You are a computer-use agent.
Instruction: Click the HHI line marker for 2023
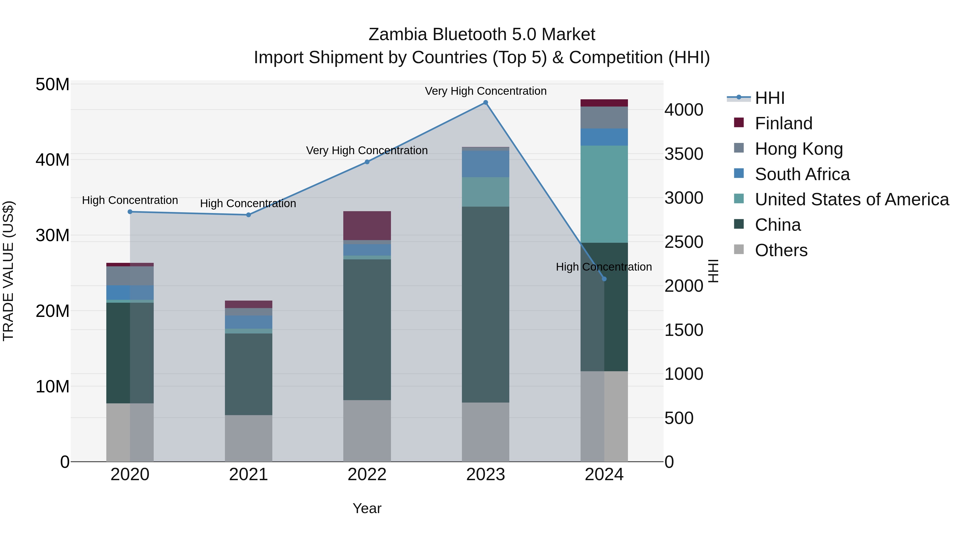pos(485,103)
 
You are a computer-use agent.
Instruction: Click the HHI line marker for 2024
pos(604,279)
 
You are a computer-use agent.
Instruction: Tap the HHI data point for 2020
pos(130,212)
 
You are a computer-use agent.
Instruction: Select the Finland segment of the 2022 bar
pos(367,226)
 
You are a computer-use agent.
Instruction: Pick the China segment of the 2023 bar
pos(485,305)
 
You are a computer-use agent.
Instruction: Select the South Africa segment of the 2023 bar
pos(485,164)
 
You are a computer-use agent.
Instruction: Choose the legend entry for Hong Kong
pos(798,149)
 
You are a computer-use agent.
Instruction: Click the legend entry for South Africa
pos(802,174)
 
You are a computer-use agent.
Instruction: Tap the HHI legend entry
pos(769,98)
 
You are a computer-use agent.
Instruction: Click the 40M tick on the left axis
pos(52,160)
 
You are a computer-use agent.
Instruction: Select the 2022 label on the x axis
pos(367,475)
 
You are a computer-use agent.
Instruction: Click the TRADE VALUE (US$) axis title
pos(8,271)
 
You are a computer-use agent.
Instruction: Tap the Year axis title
pos(367,508)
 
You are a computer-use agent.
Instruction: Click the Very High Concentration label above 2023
pos(485,91)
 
